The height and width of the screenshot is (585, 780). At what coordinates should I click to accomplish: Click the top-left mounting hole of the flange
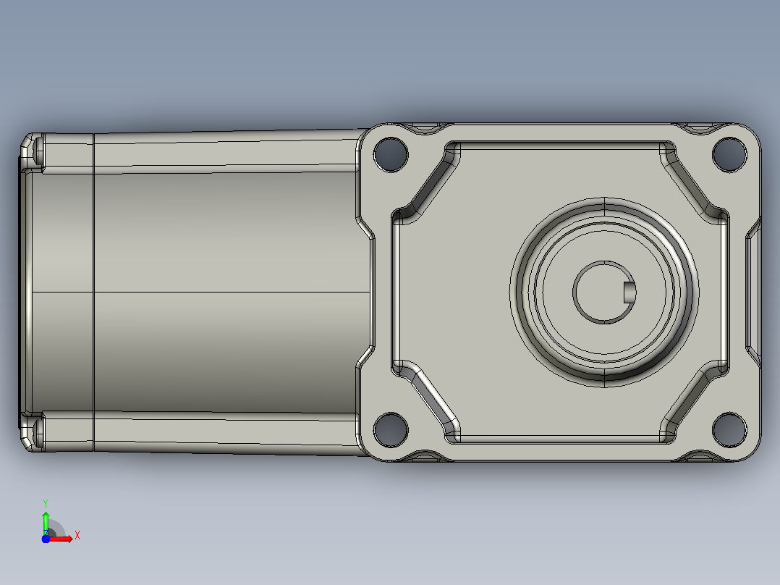[391, 154]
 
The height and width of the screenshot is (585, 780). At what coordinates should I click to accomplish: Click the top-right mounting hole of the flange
[729, 154]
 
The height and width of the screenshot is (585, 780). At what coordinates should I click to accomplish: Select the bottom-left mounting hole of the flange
[391, 429]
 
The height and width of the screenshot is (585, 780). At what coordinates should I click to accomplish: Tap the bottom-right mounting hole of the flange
[729, 429]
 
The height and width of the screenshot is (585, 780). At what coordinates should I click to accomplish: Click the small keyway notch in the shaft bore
[629, 292]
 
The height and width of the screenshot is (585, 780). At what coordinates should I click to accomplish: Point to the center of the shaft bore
[604, 292]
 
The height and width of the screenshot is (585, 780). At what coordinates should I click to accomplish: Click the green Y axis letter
[46, 504]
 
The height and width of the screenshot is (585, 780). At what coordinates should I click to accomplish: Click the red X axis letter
[77, 536]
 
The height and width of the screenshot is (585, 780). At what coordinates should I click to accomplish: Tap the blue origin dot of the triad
[46, 539]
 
